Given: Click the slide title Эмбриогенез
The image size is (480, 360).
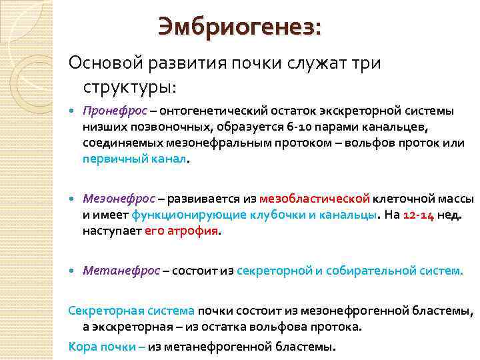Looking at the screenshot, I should [238, 28].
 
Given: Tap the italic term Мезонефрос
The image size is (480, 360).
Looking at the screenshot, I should [119, 198].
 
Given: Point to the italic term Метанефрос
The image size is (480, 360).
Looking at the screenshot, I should [121, 271].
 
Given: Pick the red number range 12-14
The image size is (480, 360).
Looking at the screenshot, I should [419, 215].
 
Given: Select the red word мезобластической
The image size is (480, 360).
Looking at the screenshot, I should [314, 198].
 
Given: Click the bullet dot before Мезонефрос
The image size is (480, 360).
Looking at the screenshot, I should [73, 199].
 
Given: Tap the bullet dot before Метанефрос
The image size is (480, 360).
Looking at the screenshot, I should [73, 271].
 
